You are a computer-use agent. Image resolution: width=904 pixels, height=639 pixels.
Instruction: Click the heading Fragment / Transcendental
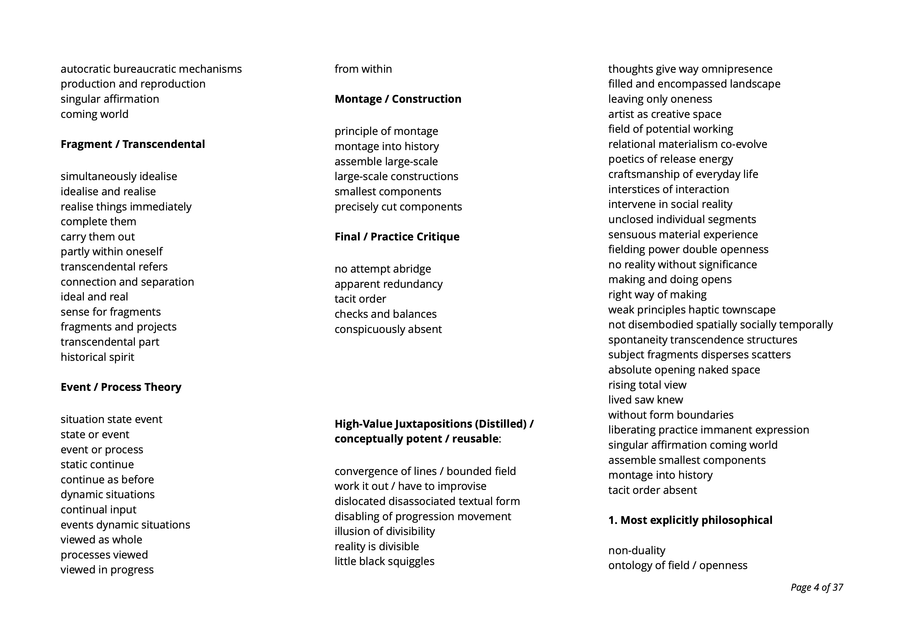click(x=133, y=144)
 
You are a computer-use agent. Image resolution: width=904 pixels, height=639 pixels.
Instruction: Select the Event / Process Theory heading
click(x=121, y=387)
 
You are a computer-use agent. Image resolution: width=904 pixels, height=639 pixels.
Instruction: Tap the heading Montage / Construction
click(x=398, y=99)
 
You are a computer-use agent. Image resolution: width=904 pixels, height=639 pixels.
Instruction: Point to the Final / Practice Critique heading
click(x=397, y=237)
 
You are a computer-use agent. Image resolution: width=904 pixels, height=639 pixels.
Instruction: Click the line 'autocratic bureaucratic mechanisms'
click(x=151, y=69)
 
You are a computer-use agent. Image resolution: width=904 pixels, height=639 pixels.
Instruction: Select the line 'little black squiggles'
click(x=384, y=561)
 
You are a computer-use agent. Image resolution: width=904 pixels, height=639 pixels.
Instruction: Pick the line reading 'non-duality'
click(x=637, y=550)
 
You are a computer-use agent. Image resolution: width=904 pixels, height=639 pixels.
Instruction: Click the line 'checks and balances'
click(x=385, y=314)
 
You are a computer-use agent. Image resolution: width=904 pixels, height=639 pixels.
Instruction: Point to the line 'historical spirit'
click(x=97, y=357)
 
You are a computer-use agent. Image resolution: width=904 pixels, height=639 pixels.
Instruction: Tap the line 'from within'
click(x=363, y=69)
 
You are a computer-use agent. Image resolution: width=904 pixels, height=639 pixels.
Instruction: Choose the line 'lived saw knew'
click(x=645, y=399)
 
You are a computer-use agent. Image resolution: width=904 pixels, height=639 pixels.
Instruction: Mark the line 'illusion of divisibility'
click(x=385, y=531)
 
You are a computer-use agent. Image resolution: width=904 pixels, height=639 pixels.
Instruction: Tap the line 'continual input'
click(x=98, y=509)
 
